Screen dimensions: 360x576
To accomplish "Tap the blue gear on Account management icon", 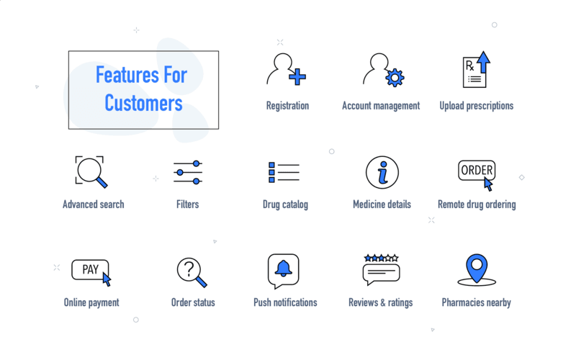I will point(395,78).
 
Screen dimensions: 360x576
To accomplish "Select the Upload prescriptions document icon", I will point(474,72).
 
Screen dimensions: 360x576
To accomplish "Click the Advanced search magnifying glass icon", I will point(91,171).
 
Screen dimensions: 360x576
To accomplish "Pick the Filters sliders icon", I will point(188,173).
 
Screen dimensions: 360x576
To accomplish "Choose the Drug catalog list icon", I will point(284,173).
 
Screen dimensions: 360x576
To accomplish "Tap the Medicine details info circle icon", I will point(382,173).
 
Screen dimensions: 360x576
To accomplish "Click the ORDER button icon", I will point(477,171).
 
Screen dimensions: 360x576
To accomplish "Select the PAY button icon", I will point(90,270).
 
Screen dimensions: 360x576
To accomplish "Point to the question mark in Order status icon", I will point(188,269).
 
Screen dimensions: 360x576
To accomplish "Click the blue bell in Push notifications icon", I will point(283,268).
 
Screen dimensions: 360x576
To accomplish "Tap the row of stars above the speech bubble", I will point(381,258).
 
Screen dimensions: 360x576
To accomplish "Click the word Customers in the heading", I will point(143,103).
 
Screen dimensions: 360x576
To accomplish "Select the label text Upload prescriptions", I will point(476,106).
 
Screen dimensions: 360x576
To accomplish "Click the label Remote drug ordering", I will point(477,204).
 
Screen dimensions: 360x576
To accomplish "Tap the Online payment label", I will point(91,302).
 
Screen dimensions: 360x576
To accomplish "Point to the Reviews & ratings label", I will point(380,302).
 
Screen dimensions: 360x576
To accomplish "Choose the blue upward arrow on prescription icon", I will point(484,62).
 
